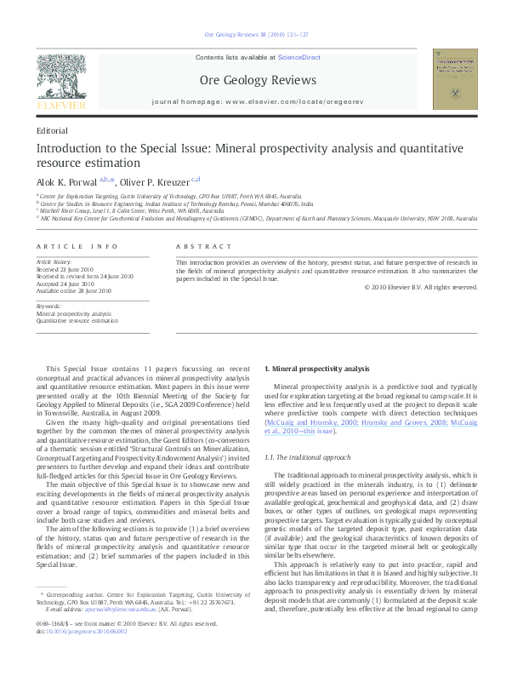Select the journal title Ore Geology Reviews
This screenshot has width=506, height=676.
258,81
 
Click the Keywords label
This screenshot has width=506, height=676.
48,305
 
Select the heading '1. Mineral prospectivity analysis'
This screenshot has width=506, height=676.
317,369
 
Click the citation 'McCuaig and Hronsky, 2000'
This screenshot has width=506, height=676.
308,421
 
